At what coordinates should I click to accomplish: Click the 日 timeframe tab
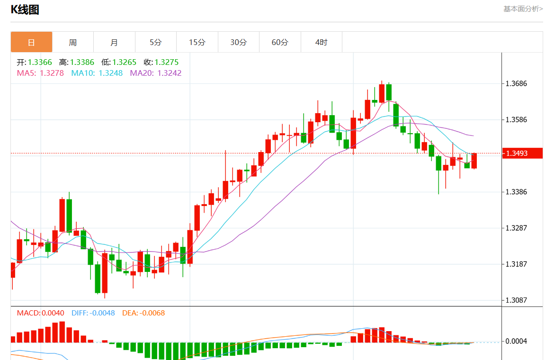point(31,42)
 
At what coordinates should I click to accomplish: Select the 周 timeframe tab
point(72,42)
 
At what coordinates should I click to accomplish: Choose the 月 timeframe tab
point(114,42)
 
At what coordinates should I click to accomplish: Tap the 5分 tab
point(155,42)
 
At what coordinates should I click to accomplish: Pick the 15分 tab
point(197,42)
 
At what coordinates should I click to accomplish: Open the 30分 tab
point(238,42)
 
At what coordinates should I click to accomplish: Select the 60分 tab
point(280,42)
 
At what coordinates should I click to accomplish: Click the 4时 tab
point(321,42)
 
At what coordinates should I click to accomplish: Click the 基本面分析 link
point(523,9)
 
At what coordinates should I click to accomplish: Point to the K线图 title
point(25,9)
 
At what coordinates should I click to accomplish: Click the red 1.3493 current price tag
point(522,153)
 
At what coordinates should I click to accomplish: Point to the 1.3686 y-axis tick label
point(516,84)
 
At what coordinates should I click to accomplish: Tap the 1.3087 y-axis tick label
point(516,300)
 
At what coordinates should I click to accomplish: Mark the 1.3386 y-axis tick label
point(516,192)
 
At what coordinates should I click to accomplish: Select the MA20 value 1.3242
point(170,73)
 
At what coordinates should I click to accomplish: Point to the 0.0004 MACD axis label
point(516,342)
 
